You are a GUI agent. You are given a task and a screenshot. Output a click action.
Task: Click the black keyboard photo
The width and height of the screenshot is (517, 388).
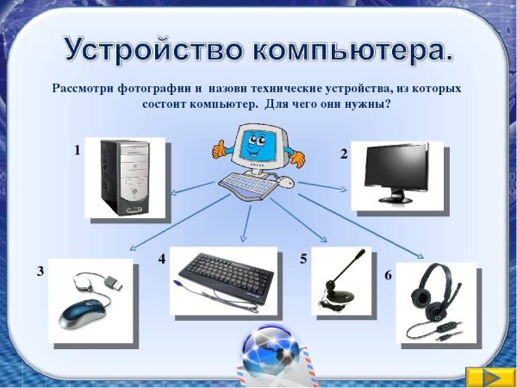(x=222, y=279)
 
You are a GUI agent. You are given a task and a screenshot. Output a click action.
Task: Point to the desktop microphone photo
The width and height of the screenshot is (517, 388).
(x=342, y=280)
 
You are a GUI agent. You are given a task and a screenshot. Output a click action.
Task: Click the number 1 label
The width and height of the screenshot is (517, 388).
(x=77, y=150)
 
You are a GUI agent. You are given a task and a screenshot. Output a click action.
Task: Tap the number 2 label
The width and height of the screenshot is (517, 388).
(x=344, y=154)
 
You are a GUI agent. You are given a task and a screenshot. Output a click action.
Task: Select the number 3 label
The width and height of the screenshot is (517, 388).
(x=40, y=271)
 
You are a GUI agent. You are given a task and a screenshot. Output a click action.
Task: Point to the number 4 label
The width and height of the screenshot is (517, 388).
(x=161, y=259)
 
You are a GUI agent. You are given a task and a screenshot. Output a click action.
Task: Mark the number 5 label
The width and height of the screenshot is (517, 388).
(x=303, y=259)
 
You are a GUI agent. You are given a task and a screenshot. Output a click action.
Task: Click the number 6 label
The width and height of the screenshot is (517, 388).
(x=388, y=275)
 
